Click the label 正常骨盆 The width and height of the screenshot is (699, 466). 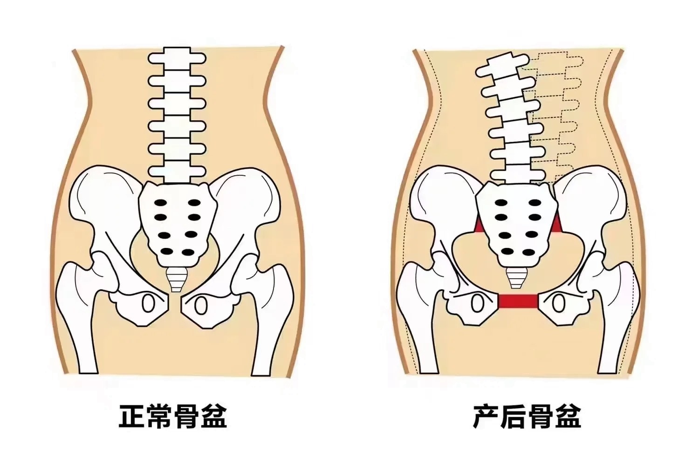coord(173,416)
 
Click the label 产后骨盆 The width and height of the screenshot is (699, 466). coord(527,416)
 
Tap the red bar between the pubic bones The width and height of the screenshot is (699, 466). coord(518,302)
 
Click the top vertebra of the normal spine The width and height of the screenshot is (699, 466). coord(177,58)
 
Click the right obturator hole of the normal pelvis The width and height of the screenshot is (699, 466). coord(200,306)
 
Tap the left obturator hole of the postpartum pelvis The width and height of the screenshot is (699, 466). coord(476,304)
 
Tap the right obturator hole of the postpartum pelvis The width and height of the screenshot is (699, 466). coord(558,304)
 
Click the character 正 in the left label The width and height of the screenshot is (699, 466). coord(132,416)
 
